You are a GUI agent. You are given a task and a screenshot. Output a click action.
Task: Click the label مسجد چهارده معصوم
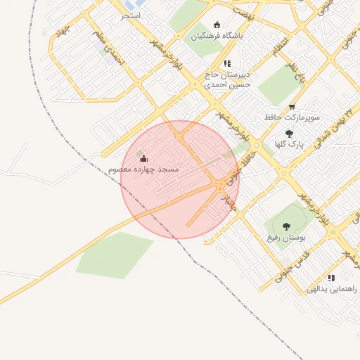pos(143,170)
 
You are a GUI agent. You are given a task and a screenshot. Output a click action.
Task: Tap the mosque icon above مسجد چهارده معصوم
pos(144,159)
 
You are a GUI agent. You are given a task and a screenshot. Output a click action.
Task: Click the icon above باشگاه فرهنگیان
pos(216,24)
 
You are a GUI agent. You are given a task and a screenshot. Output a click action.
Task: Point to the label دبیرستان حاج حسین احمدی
pos(227,79)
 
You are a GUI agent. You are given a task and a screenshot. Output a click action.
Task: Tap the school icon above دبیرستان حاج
pos(227,63)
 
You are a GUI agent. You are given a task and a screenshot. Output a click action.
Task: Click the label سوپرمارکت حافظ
pos(292,117)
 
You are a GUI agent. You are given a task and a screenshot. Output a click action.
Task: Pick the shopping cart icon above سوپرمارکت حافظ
pos(292,107)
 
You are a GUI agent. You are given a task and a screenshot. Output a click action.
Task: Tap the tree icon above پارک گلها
pos(289,133)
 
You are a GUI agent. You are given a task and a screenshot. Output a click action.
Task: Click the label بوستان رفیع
pos(287,238)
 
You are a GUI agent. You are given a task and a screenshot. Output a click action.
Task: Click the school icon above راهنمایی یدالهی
pos(331,278)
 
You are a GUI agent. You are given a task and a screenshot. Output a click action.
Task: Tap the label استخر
pos(131,15)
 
